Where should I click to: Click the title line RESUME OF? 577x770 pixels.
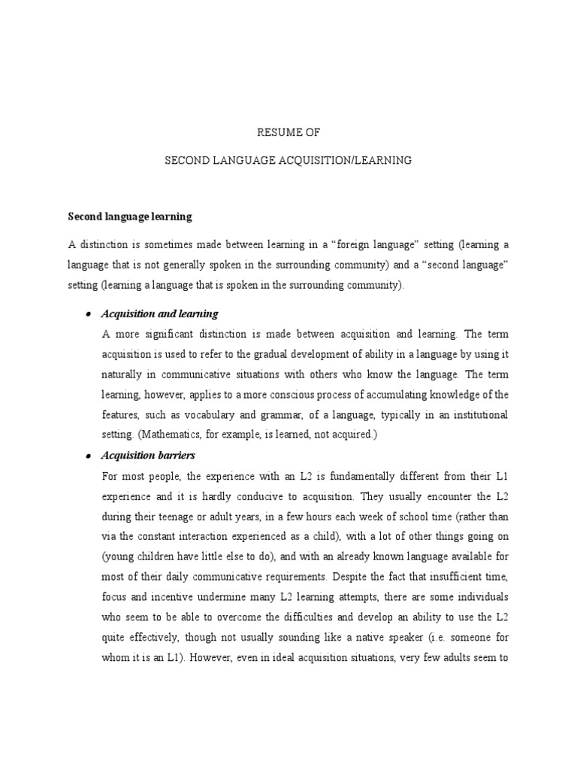point(288,133)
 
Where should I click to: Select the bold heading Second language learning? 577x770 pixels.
point(130,217)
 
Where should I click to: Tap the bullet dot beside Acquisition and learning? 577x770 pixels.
point(88,314)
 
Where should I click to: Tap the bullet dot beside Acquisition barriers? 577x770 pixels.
point(88,456)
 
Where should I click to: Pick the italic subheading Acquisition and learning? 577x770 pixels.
point(159,314)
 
